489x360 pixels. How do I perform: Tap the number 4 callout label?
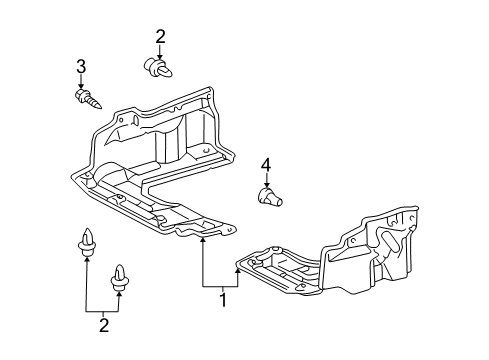coord(267,165)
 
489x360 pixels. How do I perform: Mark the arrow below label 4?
coord(267,181)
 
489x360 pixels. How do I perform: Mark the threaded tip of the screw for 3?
coord(99,104)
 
